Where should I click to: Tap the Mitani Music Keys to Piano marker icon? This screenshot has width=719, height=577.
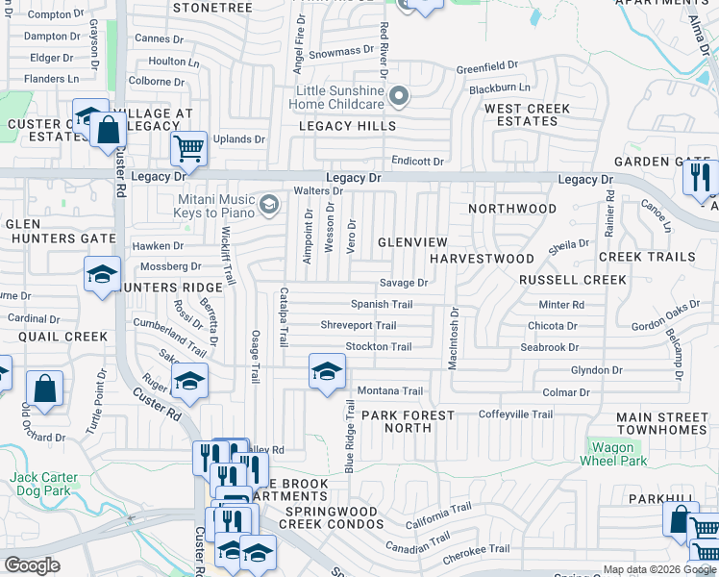click(270, 203)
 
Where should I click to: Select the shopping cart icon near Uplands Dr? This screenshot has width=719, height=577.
click(189, 149)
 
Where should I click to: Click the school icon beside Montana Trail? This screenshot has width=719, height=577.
click(327, 371)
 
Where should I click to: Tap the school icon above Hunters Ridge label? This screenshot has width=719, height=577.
click(102, 275)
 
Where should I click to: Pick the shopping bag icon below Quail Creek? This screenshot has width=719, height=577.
click(45, 389)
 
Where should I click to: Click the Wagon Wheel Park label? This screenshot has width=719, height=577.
click(610, 454)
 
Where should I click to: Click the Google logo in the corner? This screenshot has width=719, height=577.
click(32, 565)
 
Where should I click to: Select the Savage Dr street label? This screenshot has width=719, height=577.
click(403, 283)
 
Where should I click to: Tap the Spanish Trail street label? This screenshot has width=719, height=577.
click(382, 304)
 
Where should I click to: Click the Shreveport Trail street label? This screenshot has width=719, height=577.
click(359, 326)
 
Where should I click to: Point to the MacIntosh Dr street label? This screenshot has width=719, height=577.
click(455, 337)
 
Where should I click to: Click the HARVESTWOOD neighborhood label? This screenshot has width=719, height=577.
click(482, 259)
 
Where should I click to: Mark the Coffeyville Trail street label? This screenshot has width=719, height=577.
click(516, 414)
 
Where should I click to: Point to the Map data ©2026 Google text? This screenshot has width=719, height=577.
click(659, 569)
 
